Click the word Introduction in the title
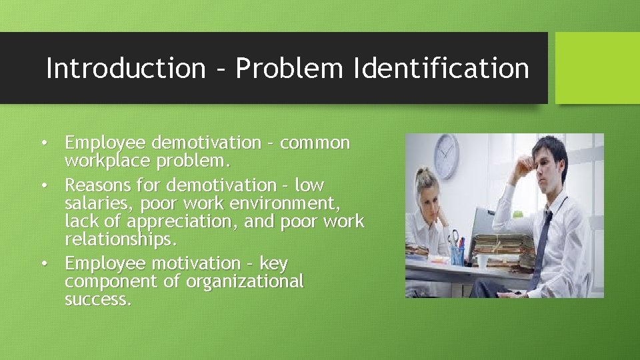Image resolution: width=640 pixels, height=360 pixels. tap(125, 68)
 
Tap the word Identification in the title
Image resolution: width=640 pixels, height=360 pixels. tap(441, 68)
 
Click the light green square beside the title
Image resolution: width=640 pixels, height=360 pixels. tap(597, 68)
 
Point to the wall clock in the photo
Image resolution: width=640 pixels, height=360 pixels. tap(446, 157)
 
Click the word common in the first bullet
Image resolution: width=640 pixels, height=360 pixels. tap(315, 143)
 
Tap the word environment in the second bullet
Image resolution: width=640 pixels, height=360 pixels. tap(288, 203)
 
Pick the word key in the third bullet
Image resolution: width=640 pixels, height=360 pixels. tap(273, 263)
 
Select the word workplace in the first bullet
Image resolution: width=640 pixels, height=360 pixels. tap(107, 161)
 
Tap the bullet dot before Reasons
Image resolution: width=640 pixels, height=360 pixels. tap(44, 185)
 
